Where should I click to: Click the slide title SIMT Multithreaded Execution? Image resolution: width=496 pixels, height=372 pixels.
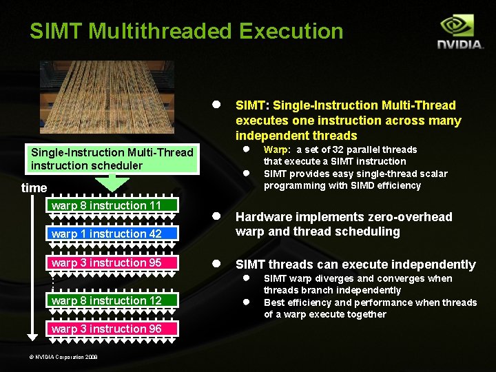186,31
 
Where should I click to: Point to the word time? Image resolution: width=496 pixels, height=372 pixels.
34,188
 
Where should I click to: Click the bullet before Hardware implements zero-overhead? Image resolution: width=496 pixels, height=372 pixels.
216,216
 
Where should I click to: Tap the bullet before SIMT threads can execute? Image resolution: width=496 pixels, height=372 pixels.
216,264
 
